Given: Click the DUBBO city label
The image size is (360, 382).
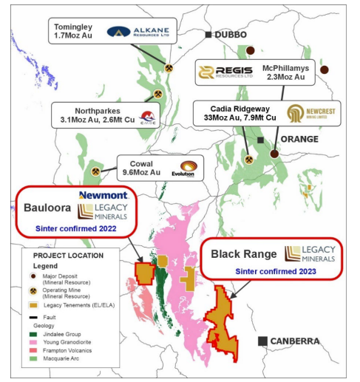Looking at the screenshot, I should pyautogui.click(x=231, y=35).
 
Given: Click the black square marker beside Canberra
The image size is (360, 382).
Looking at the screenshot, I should pyautogui.click(x=262, y=341).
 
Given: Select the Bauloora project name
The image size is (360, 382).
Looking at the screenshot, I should pyautogui.click(x=47, y=210).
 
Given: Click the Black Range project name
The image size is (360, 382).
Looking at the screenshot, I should pyautogui.click(x=244, y=254).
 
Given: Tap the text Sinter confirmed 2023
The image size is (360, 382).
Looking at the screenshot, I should pyautogui.click(x=276, y=271).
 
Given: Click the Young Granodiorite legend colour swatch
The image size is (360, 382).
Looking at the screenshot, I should pyautogui.click(x=33, y=344).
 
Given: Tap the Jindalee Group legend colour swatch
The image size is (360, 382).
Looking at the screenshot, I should pyautogui.click(x=33, y=334).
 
